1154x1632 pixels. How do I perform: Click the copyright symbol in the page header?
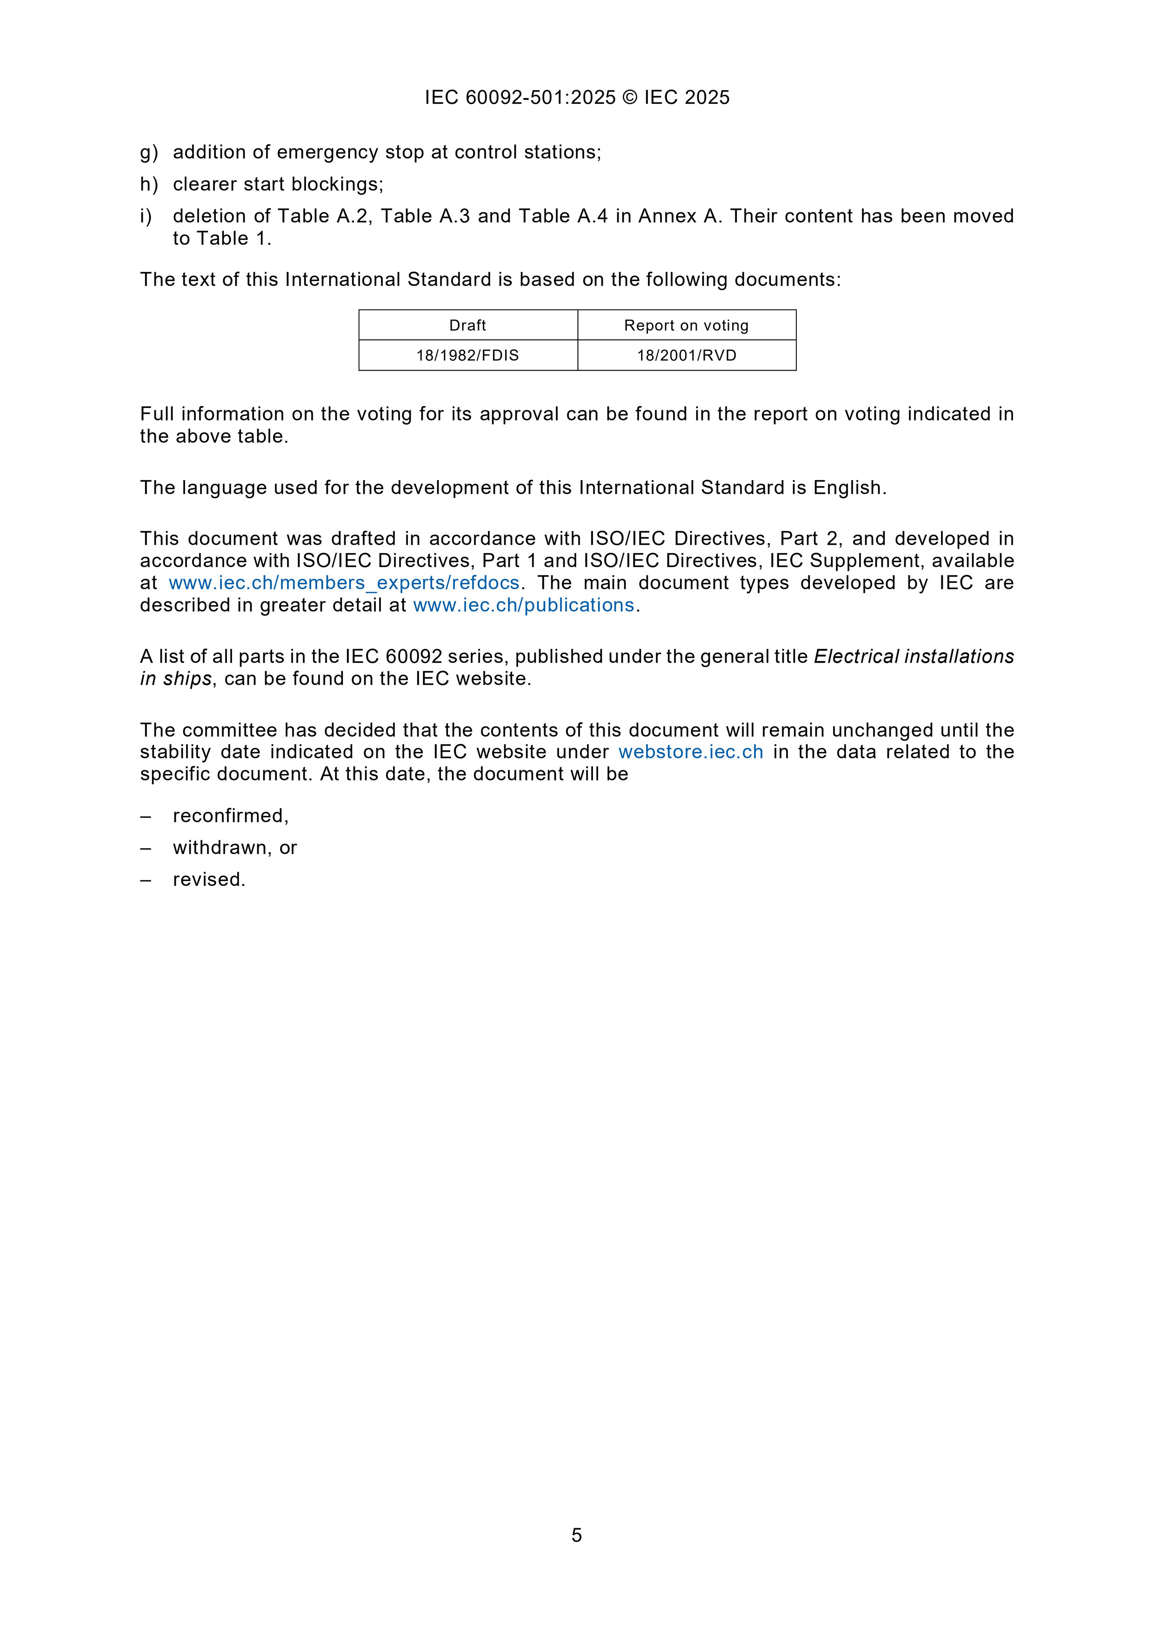click(629, 97)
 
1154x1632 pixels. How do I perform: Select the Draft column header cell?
click(468, 326)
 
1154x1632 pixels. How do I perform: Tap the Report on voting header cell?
click(686, 326)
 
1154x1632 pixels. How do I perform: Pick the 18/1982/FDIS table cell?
click(468, 355)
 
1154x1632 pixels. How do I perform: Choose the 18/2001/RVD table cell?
click(686, 355)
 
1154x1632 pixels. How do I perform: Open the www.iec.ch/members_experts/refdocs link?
click(344, 583)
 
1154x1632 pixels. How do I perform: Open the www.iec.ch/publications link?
click(523, 605)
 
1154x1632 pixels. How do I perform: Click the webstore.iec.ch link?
click(690, 752)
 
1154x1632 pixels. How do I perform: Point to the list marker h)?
click(148, 185)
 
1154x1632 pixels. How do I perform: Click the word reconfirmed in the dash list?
click(230, 816)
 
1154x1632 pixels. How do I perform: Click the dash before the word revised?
click(146, 880)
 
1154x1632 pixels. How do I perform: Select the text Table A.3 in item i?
click(425, 216)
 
